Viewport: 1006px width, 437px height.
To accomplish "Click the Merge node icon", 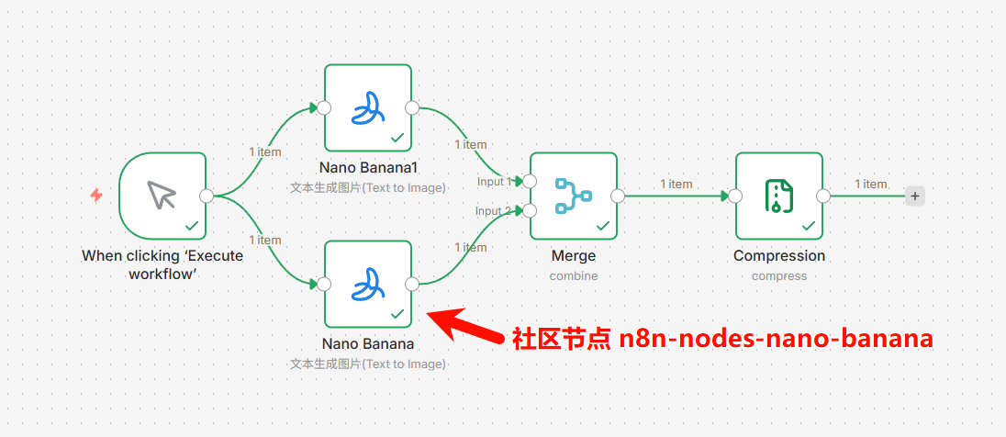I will click(573, 195).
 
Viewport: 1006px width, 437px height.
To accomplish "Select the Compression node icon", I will click(778, 195).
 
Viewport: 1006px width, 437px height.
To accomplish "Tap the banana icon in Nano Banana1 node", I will click(367, 107).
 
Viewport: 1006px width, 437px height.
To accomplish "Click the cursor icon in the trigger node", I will click(162, 195).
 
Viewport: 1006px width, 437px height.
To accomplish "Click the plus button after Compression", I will click(915, 196).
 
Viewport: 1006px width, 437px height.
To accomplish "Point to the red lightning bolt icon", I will click(96, 195).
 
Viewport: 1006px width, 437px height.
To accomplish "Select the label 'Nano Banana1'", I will click(368, 168).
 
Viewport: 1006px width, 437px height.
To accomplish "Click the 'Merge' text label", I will click(574, 256).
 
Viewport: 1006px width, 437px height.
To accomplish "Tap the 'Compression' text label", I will click(779, 256).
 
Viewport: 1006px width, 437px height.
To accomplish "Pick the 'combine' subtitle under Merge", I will click(574, 275).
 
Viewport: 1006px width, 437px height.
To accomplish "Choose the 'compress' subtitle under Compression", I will click(779, 275).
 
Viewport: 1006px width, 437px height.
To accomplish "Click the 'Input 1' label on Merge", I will click(494, 182).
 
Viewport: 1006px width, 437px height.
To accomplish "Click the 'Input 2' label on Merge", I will click(494, 211).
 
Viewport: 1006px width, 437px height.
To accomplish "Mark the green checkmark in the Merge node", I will click(603, 225).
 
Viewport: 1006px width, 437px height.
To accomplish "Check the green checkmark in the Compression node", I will click(809, 225).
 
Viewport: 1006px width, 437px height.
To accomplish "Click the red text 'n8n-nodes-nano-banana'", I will click(776, 339).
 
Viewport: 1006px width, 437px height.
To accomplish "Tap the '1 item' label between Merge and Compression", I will click(676, 184).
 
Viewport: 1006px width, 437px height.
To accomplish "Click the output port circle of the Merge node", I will click(618, 196).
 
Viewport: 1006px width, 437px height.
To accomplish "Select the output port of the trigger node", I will click(207, 196).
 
